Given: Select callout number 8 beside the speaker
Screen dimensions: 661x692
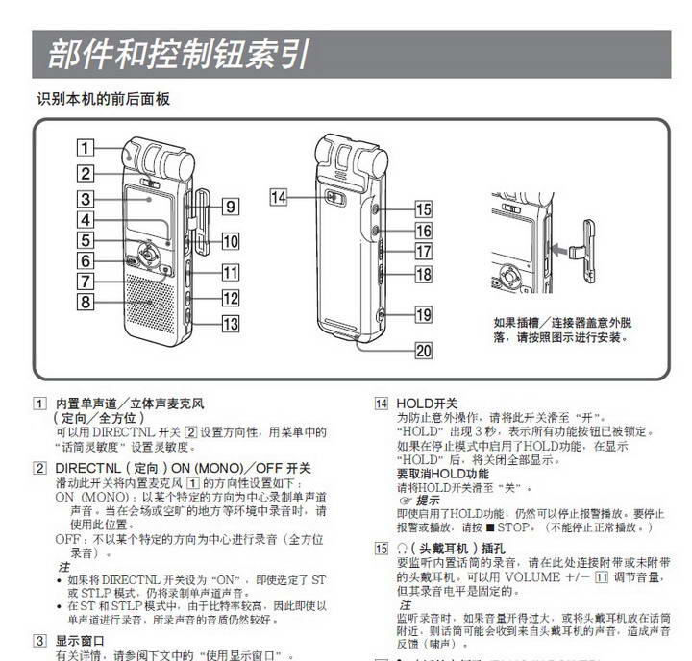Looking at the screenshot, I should pos(86,303).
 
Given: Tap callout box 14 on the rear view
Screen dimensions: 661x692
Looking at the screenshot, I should pos(279,198).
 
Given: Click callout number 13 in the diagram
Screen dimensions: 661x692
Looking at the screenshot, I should pos(230,324).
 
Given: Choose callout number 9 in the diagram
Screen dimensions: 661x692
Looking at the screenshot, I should pos(230,206).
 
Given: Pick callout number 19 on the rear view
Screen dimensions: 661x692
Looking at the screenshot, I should pos(423,314).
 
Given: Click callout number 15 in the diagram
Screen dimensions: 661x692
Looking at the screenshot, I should pos(423,208).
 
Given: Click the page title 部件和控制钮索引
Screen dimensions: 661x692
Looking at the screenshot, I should pos(179,53).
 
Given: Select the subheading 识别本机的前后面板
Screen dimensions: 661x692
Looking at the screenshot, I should pos(105,99).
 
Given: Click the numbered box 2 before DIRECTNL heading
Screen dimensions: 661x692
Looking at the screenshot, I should pos(39,468).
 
